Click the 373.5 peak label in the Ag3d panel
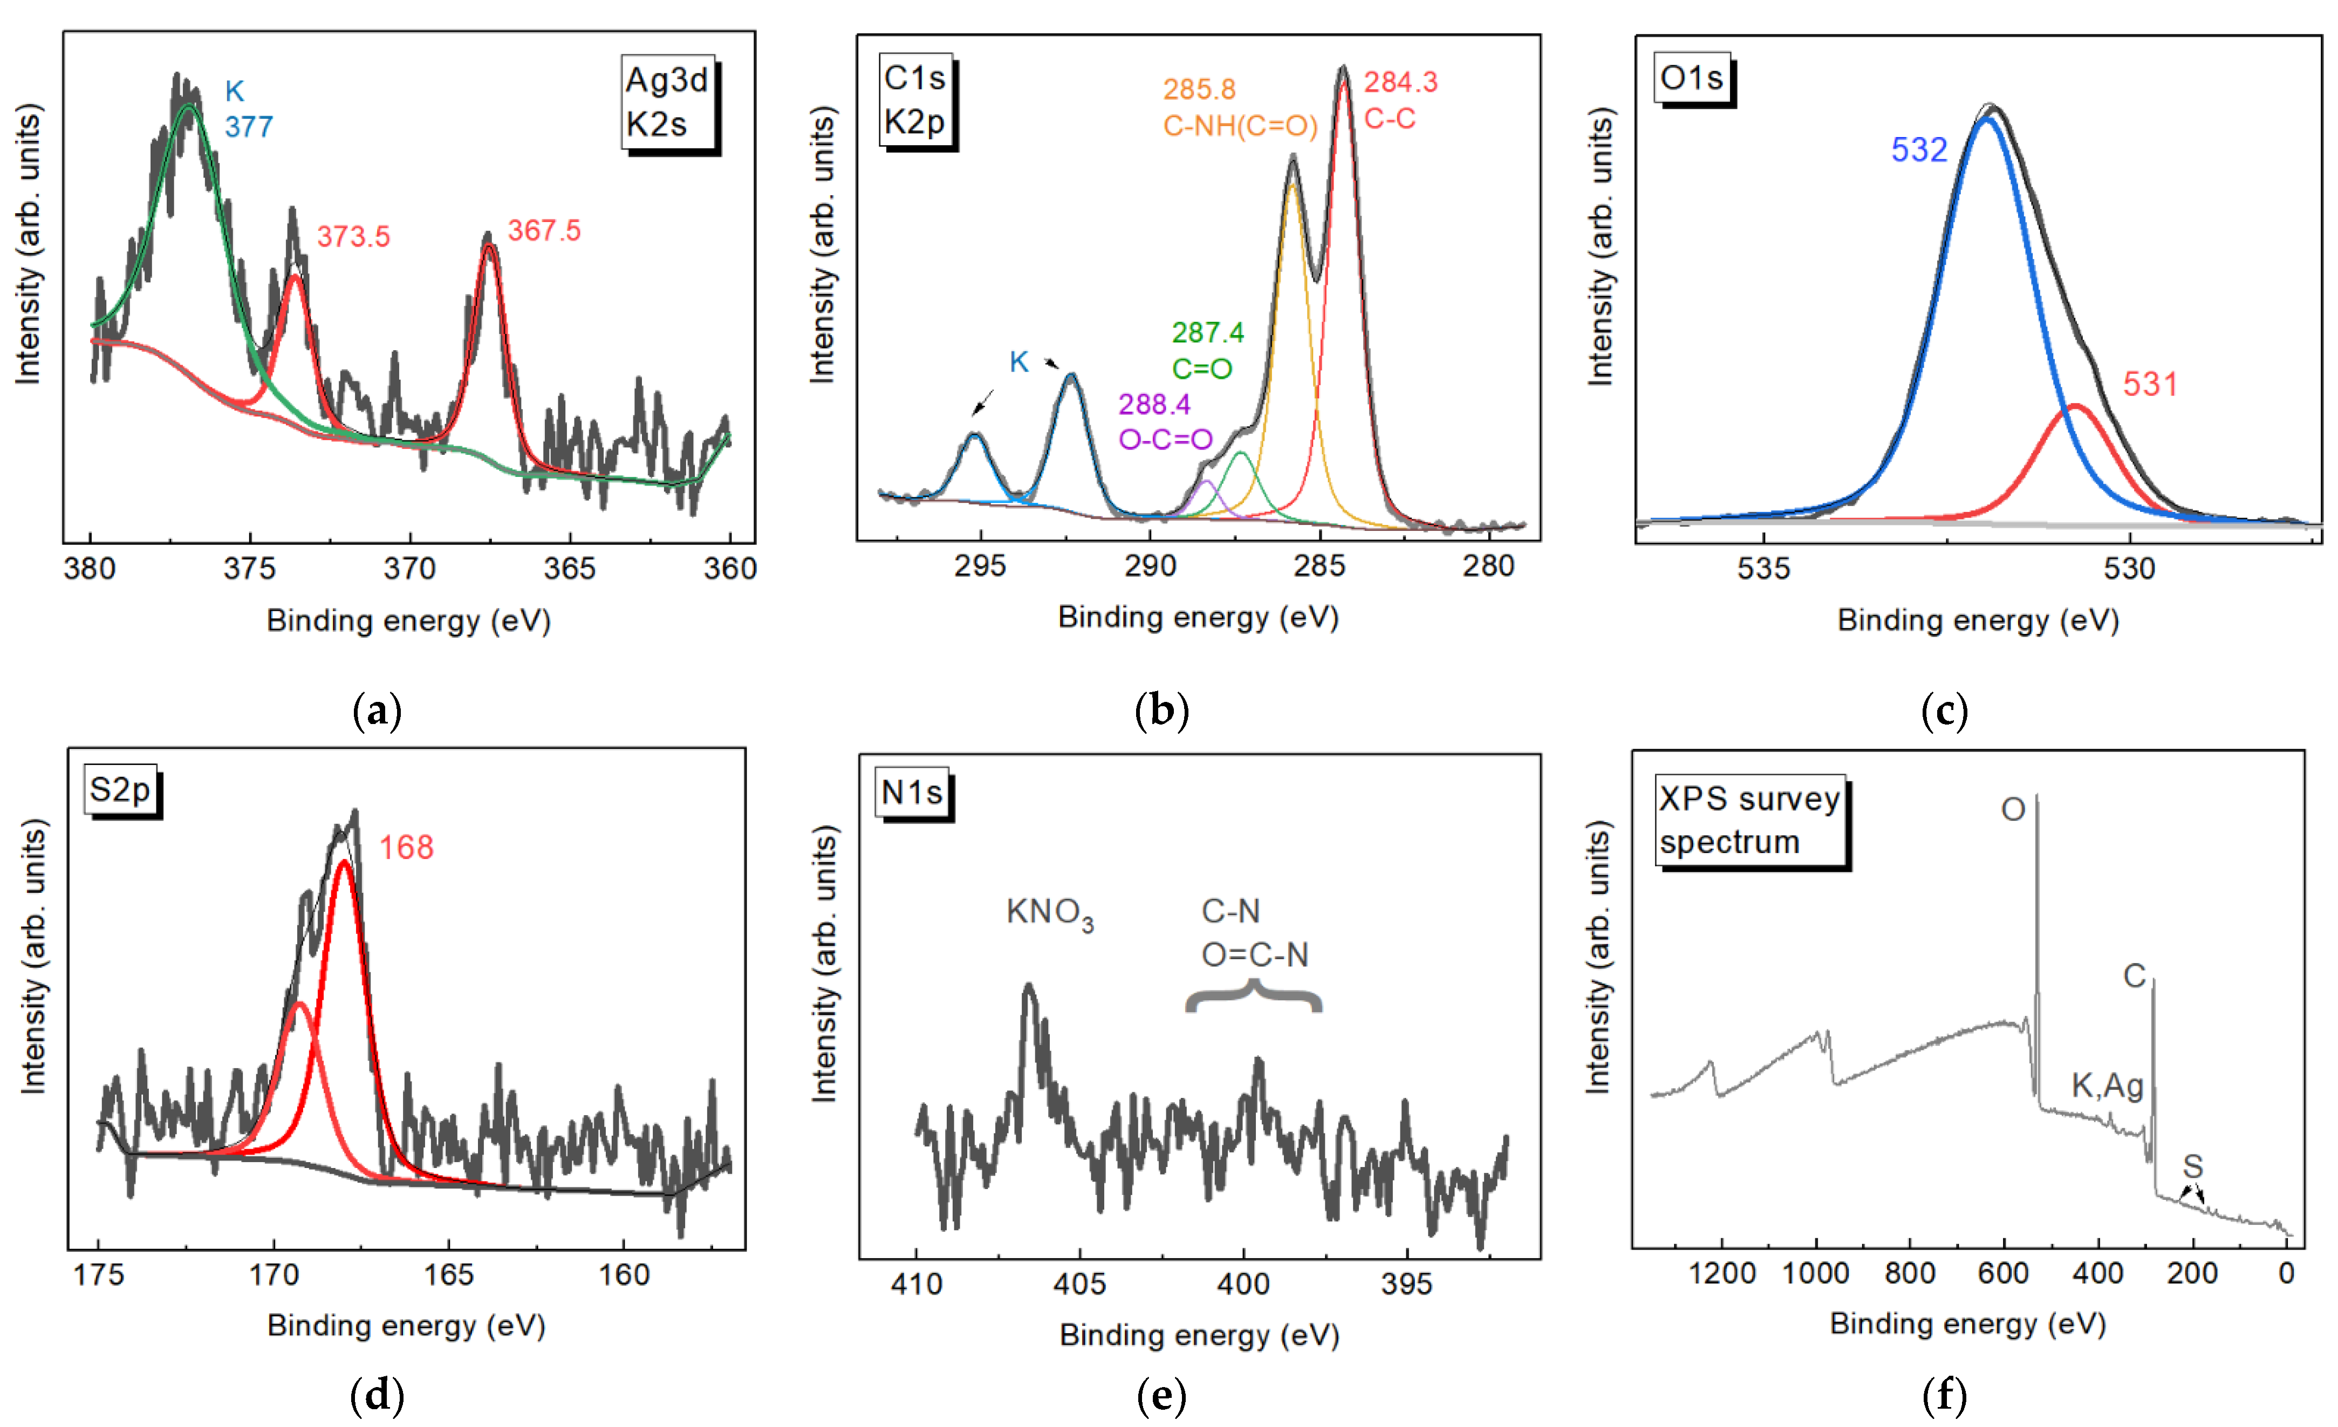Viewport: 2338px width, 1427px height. point(353,236)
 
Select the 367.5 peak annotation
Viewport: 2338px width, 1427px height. point(544,230)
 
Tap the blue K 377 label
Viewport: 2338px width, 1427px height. point(248,109)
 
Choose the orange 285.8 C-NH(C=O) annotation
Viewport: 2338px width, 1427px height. point(1239,107)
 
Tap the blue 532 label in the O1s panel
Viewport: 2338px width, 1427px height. point(1919,150)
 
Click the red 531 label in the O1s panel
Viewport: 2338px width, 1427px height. point(2149,384)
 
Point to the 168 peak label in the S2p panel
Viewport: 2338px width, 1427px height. point(406,847)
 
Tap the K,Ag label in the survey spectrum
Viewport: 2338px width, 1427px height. point(2107,1085)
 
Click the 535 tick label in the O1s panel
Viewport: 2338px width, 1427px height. point(1763,568)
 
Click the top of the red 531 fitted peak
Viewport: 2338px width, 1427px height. point(2075,407)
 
